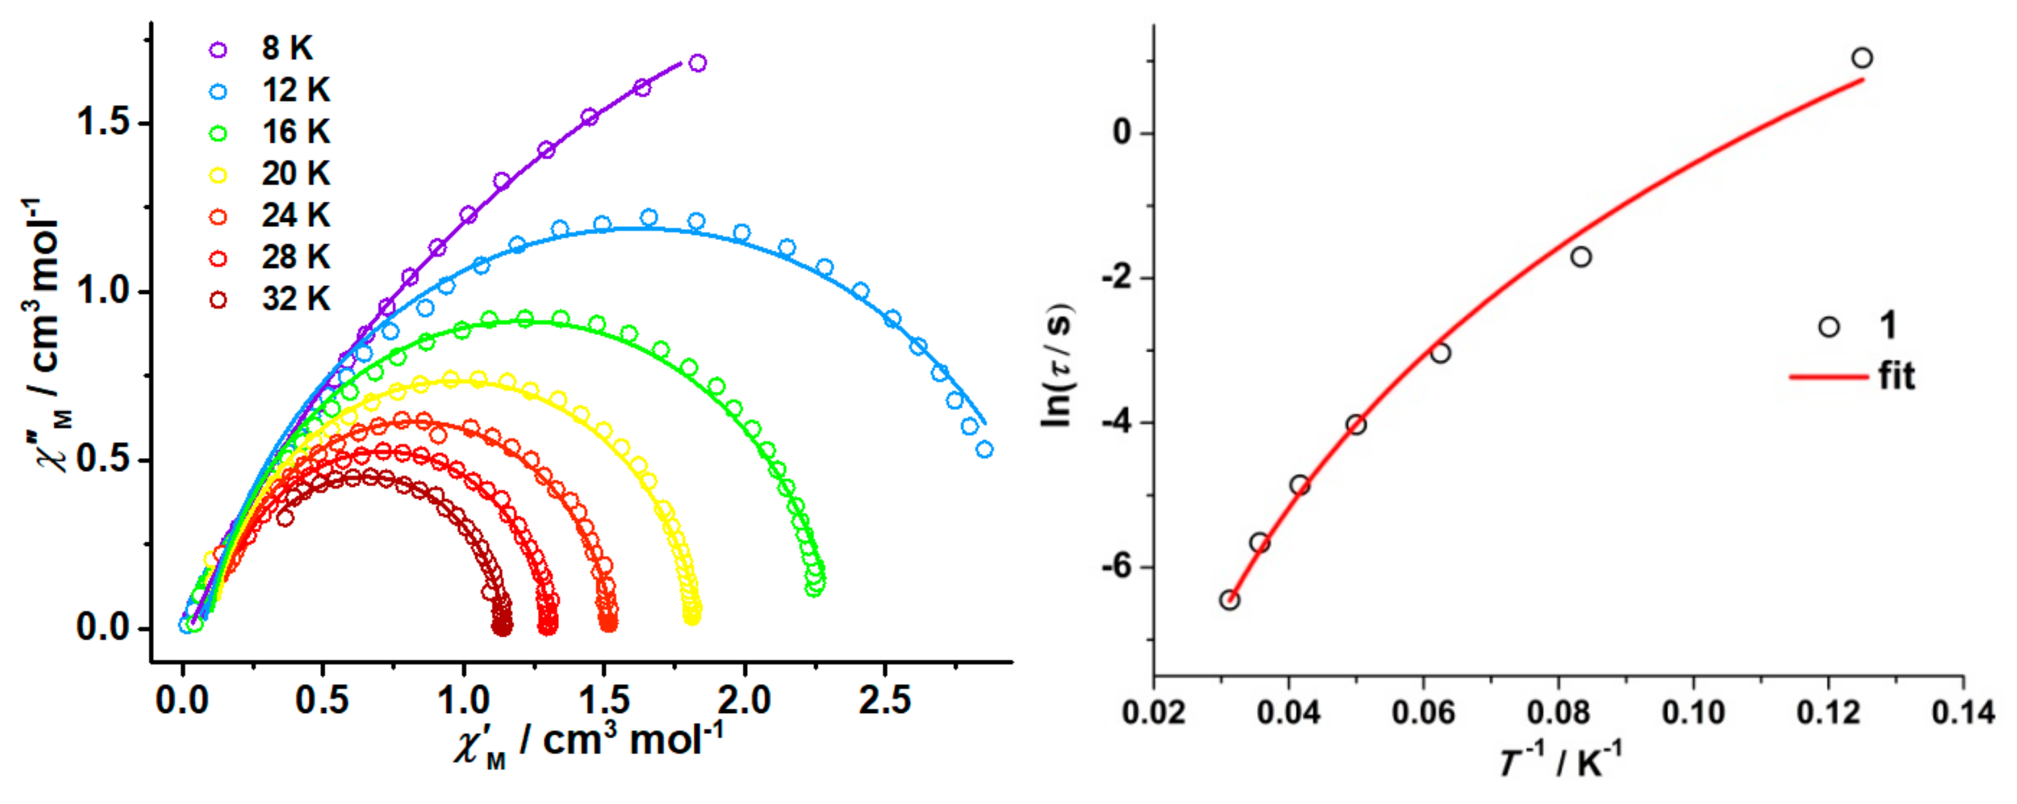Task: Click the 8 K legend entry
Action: tap(266, 49)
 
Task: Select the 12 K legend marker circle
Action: tap(218, 92)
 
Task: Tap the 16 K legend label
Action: tap(295, 132)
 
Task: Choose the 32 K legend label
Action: tap(295, 299)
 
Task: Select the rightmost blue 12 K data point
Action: tap(985, 449)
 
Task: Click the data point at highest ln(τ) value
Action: tap(1862, 58)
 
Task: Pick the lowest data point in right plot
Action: tap(1229, 601)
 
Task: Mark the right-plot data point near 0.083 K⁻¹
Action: tap(1581, 257)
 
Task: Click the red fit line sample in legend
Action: tap(1828, 377)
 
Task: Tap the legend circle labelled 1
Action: tap(1828, 327)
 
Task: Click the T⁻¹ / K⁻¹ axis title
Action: tap(1558, 761)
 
